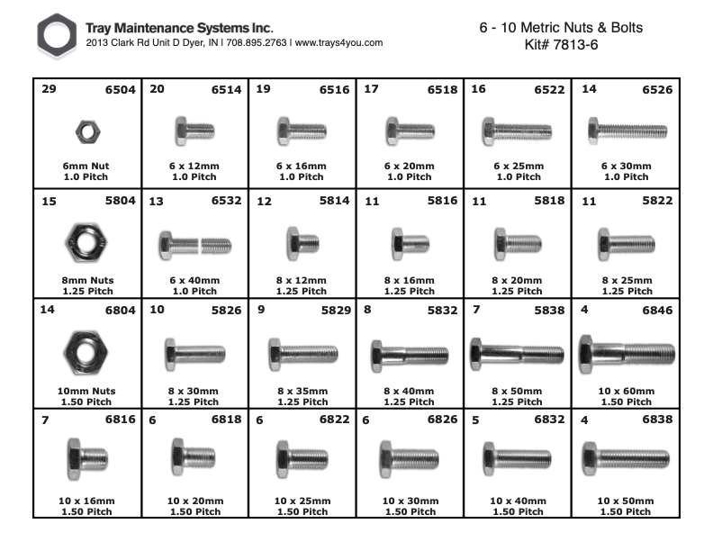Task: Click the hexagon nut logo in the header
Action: [57, 36]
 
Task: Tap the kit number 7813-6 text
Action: [561, 45]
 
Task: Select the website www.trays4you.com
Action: [339, 42]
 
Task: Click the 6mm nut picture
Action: [86, 132]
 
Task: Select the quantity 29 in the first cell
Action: [49, 90]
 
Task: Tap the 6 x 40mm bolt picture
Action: [194, 243]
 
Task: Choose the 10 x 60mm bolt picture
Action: [626, 349]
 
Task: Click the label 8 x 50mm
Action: [518, 391]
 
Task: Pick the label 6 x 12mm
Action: [194, 167]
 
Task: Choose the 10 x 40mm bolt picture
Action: [518, 459]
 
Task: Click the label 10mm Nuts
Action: [86, 391]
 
